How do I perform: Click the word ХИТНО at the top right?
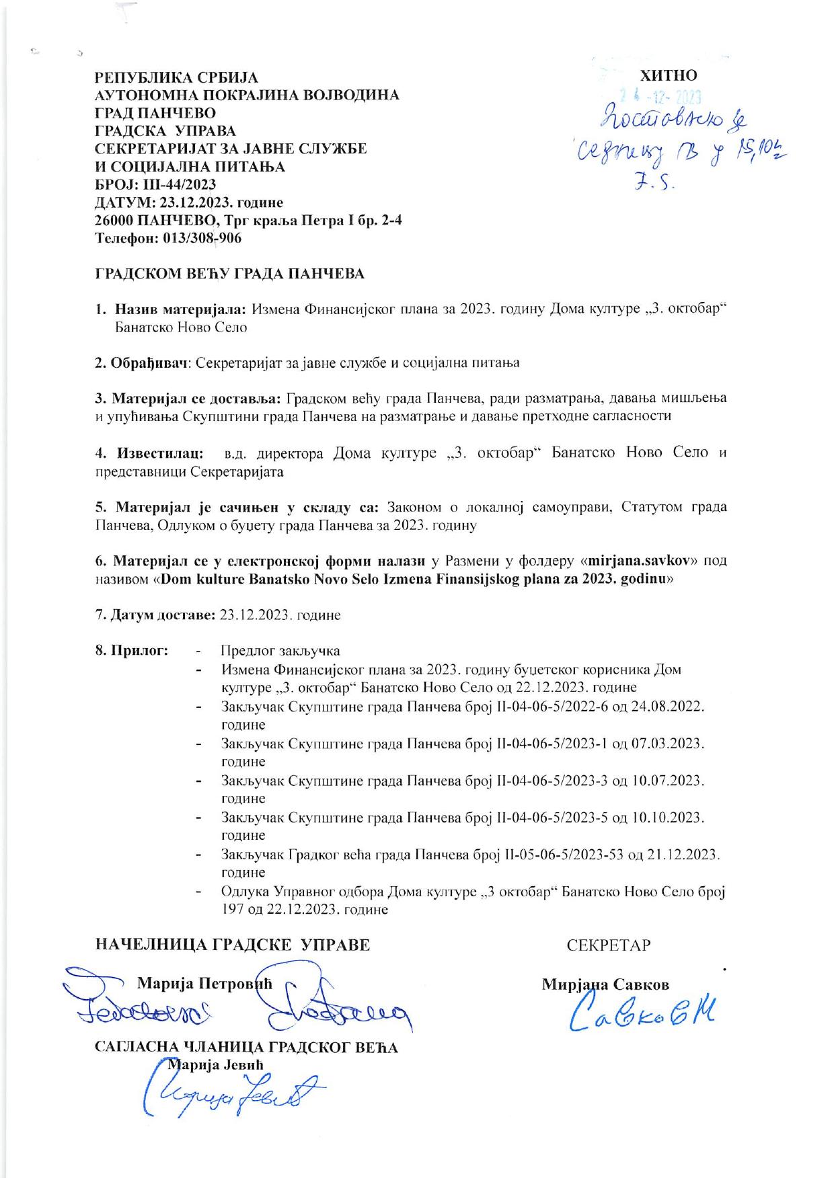click(669, 75)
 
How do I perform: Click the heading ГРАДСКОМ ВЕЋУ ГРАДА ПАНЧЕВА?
click(229, 274)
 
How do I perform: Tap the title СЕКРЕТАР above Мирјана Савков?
click(609, 945)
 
